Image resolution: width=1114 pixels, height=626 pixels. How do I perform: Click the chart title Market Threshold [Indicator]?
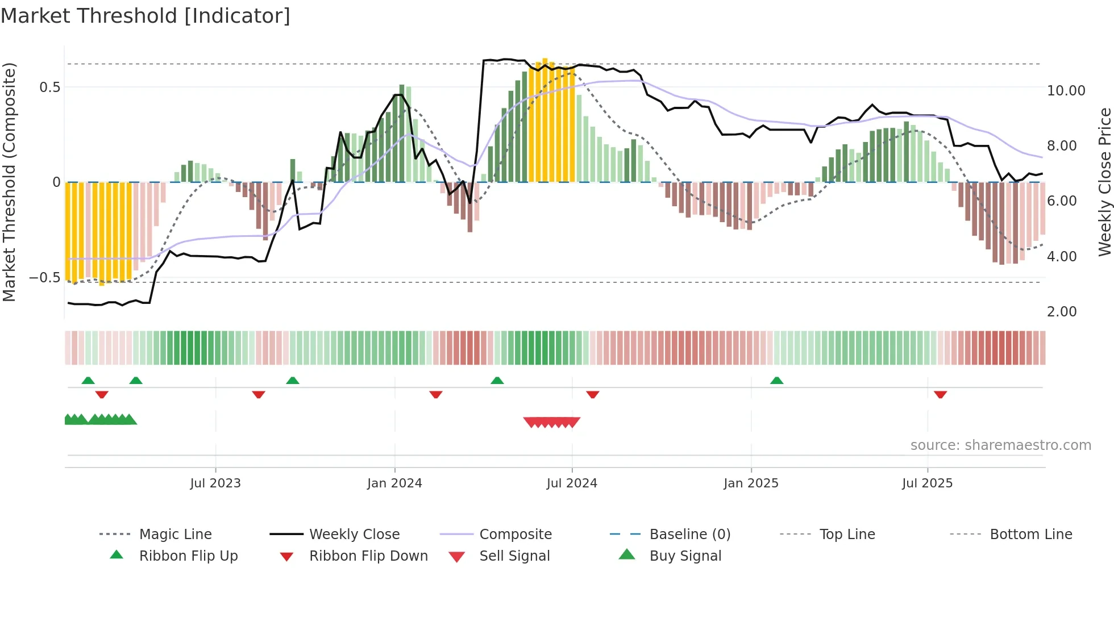146,16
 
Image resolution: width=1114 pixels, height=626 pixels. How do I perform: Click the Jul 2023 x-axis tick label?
215,483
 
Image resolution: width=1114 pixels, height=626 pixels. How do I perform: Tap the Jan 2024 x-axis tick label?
394,483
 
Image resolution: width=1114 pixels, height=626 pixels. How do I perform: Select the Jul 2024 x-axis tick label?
572,483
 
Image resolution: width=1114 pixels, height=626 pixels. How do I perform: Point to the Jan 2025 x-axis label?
751,483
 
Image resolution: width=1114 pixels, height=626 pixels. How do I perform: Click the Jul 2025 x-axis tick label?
927,483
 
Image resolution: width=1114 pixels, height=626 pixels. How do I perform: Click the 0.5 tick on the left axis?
49,87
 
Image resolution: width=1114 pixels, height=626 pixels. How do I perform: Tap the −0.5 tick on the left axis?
45,278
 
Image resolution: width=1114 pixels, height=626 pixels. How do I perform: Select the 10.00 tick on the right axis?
1066,91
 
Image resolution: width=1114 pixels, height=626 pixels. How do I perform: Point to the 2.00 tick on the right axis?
1062,312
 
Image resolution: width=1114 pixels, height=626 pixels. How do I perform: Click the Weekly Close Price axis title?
1104,182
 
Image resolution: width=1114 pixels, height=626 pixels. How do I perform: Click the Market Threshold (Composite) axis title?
9,182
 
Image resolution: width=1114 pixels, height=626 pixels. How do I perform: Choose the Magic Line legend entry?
175,535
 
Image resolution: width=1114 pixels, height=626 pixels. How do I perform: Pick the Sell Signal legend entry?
514,556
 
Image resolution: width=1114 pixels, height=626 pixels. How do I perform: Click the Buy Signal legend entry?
685,556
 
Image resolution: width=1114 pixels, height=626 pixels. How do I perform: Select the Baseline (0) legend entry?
689,535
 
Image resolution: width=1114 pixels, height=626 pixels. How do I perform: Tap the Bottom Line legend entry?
1030,535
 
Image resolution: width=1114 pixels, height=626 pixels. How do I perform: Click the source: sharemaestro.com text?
1000,445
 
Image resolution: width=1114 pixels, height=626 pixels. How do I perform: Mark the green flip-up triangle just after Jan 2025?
776,381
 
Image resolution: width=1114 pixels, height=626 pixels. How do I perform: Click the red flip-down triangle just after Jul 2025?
940,394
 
